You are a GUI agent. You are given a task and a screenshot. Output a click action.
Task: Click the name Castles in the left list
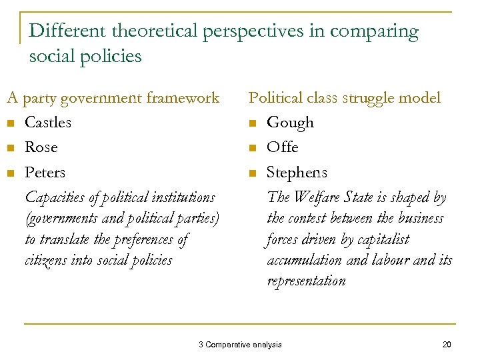(47, 123)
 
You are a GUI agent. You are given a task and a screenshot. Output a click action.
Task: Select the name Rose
(41, 147)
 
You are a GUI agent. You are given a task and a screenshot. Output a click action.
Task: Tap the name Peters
(45, 173)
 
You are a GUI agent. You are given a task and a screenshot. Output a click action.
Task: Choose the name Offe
(282, 147)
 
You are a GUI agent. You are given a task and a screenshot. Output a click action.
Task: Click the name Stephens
(297, 173)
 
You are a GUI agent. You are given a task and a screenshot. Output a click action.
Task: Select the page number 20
(447, 345)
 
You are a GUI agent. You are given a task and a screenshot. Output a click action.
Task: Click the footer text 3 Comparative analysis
(240, 345)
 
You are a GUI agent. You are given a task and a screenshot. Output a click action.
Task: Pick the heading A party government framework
(113, 99)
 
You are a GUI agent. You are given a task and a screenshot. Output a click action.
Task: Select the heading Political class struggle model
(344, 98)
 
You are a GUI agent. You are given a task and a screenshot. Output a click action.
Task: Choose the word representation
(306, 281)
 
